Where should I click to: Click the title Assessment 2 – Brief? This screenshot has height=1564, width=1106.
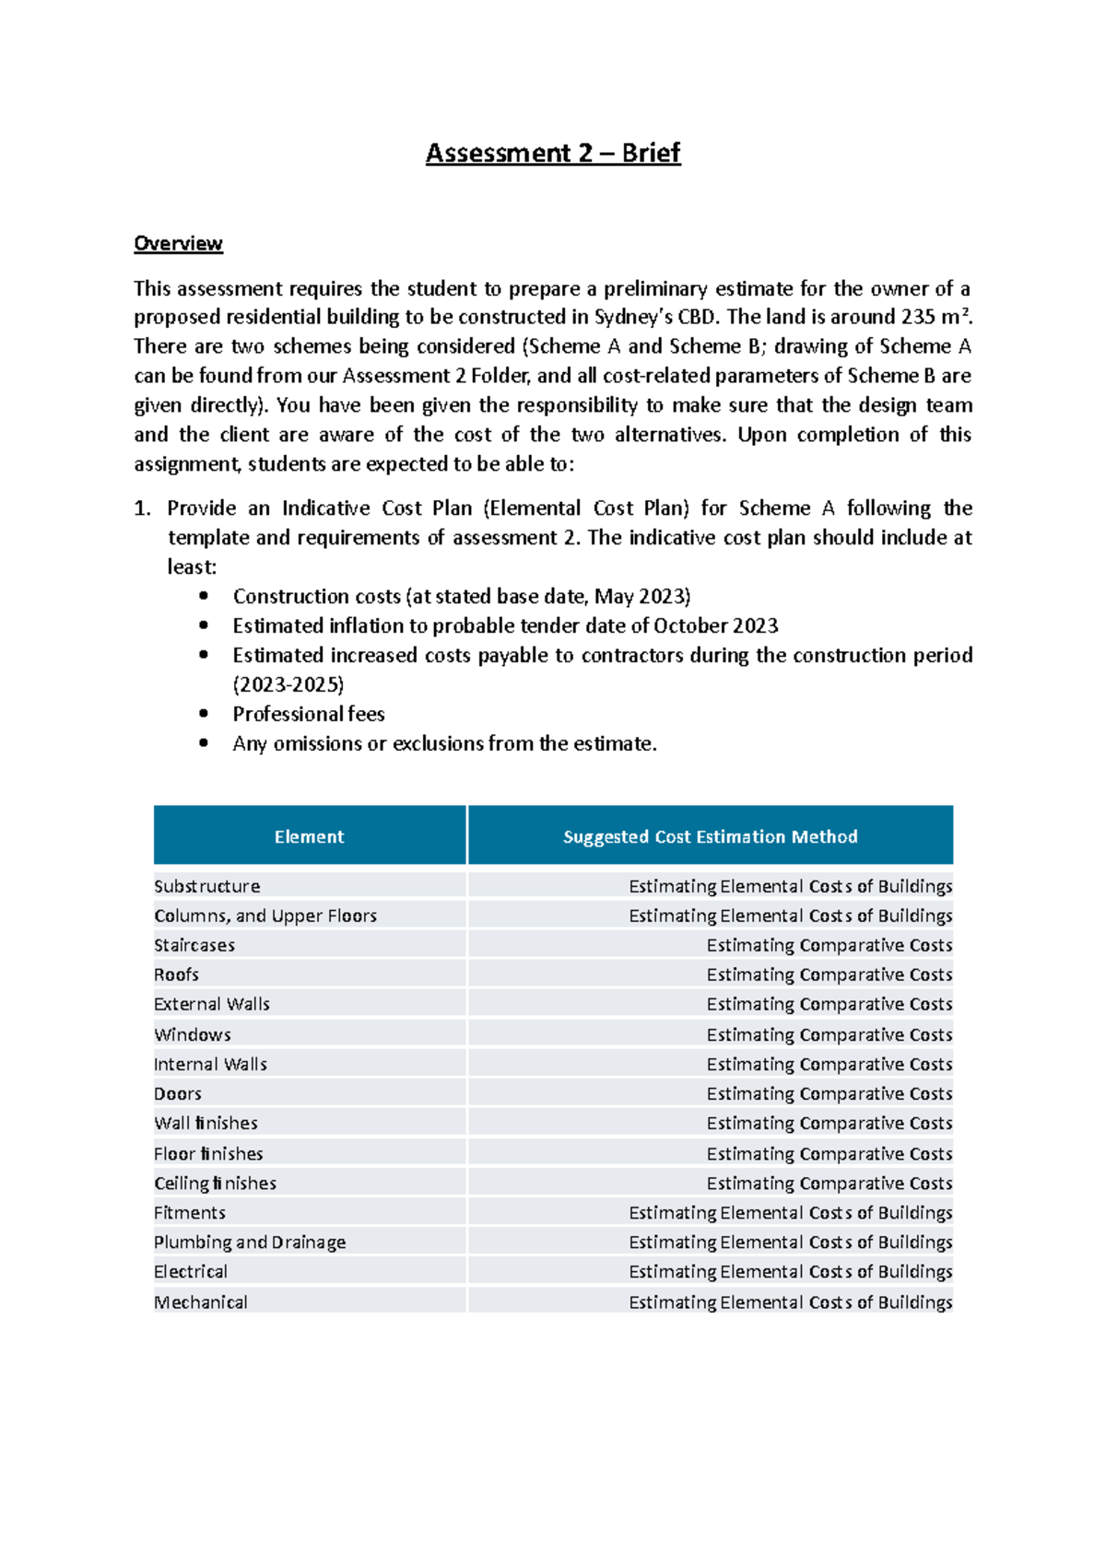coord(552,153)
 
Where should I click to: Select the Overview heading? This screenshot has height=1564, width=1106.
coord(178,243)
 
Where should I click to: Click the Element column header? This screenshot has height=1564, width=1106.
coord(309,836)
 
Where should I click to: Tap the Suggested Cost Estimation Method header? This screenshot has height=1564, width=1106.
coord(710,836)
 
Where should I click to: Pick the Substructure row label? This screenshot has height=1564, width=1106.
coord(207,886)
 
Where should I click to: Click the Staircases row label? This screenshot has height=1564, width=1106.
coord(194,945)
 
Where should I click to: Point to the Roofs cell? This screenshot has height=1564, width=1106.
coord(177,975)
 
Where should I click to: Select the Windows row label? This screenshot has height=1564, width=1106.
coord(193,1034)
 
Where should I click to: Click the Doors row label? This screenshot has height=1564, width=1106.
coord(178,1093)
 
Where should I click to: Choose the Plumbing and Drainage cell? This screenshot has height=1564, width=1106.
coord(250,1242)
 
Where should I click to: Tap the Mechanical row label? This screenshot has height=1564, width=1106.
coord(201,1301)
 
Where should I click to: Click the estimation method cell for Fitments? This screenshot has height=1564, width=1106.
coord(790,1212)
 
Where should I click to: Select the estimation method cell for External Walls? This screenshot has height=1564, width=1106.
coord(829,1004)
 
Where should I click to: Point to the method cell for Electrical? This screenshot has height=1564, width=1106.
coord(790,1271)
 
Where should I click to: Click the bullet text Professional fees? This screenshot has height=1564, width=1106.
coord(309,714)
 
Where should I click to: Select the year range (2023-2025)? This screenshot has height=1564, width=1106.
coord(288,684)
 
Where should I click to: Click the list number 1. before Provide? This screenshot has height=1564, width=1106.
coord(142,508)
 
